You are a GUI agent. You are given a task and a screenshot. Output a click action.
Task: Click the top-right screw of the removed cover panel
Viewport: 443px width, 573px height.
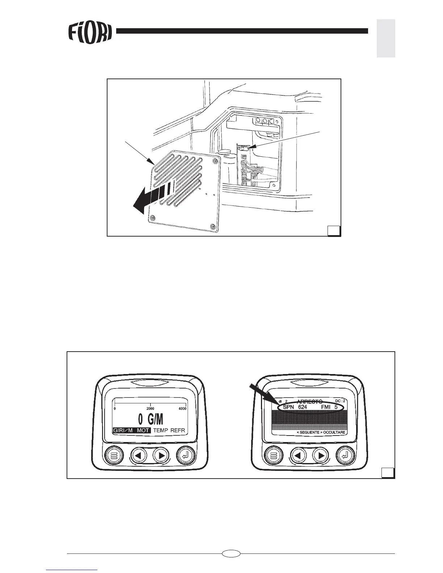(x=216, y=160)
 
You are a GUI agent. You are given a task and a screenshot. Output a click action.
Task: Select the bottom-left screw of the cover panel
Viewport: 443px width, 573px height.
(x=152, y=217)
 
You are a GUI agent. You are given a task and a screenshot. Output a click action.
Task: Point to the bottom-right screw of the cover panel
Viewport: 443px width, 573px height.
(x=212, y=226)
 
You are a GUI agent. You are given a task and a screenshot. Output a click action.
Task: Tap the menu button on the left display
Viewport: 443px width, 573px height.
(x=114, y=455)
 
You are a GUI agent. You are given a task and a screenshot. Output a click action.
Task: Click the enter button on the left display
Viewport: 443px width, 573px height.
(x=186, y=455)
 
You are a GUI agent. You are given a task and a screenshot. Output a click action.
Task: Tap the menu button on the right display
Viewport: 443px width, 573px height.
(x=274, y=455)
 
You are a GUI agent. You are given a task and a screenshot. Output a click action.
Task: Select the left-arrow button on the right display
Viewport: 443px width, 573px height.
(x=298, y=455)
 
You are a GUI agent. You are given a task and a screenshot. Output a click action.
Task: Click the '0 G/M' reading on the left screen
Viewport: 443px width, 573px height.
(x=151, y=420)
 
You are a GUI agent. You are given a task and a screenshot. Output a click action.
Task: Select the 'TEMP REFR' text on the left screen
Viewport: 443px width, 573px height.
(x=169, y=431)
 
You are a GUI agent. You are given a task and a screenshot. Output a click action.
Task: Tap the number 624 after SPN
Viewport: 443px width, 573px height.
(x=302, y=407)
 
